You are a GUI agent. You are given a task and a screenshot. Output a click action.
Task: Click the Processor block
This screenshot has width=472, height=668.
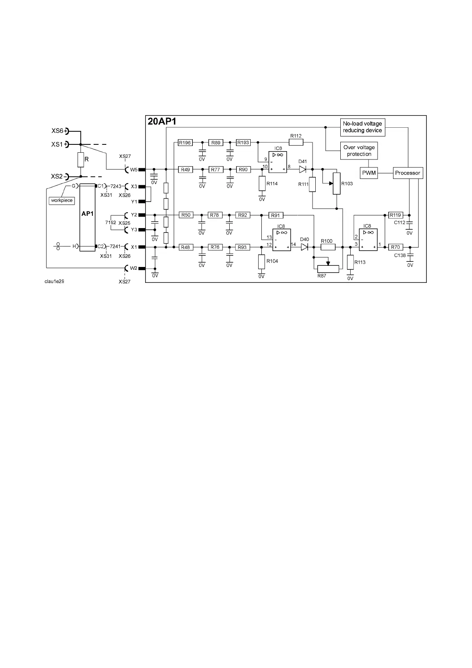coord(407,173)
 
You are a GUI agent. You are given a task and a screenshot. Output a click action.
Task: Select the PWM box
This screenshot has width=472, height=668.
coord(369,173)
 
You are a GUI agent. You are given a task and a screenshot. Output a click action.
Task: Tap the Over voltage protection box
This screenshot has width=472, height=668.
coord(359,151)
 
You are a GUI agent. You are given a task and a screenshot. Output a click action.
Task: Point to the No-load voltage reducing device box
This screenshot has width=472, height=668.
coord(363,127)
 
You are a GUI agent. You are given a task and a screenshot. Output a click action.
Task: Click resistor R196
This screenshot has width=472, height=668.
coord(185,143)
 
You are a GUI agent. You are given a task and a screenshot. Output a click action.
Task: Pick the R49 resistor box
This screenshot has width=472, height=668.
coord(185,169)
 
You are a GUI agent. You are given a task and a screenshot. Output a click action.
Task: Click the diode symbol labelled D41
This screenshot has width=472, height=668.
coord(303,169)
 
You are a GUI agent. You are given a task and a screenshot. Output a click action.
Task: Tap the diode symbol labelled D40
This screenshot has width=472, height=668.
coord(305,247)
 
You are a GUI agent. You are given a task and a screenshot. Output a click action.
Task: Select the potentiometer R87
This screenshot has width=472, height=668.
coord(328,269)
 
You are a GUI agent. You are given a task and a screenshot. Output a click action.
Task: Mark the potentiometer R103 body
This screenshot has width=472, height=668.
coord(337,183)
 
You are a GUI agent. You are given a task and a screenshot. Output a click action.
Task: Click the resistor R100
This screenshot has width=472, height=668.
coord(328,247)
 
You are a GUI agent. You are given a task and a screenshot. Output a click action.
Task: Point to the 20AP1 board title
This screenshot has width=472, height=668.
coord(162,121)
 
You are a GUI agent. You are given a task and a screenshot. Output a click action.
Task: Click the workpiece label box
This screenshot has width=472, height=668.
coord(62,200)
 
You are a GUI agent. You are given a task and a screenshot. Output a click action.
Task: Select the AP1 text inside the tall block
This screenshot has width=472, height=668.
coord(88,213)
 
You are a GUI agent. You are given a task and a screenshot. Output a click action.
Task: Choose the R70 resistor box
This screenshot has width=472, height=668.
coord(395,247)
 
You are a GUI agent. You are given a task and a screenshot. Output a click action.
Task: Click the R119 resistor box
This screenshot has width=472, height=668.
coord(395,215)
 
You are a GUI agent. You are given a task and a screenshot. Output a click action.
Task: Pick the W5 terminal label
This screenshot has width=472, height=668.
coord(134,170)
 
